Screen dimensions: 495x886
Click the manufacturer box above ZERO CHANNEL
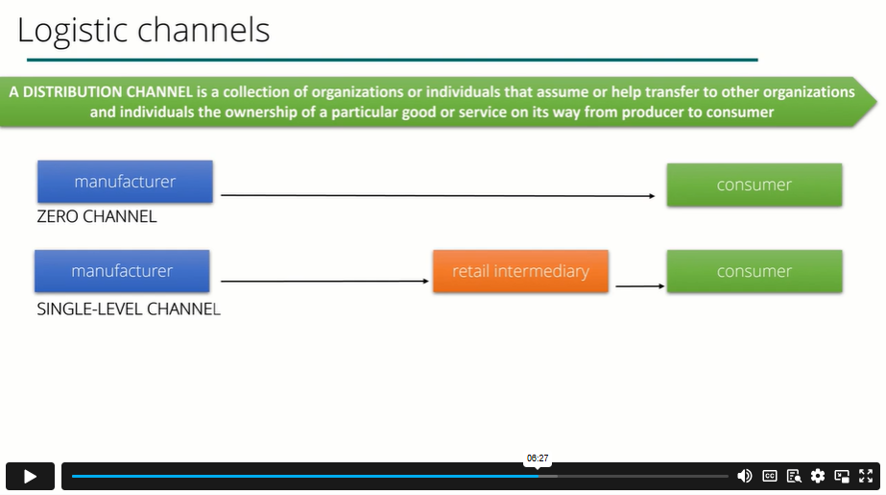[125, 182]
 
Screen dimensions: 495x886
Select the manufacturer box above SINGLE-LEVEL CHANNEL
[122, 271]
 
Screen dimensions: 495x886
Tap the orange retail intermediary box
[520, 271]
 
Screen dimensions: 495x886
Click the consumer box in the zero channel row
[754, 185]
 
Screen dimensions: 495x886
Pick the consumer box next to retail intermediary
[754, 271]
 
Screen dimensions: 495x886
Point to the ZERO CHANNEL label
[96, 217]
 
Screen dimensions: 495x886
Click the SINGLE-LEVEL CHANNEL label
[129, 309]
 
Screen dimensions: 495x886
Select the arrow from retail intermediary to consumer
[639, 286]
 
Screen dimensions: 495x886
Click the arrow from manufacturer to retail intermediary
[324, 282]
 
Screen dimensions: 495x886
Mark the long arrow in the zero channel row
[437, 196]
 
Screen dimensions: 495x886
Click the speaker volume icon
[744, 476]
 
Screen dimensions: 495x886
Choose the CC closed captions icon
[769, 476]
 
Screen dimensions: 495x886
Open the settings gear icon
[818, 476]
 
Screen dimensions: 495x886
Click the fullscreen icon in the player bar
[866, 476]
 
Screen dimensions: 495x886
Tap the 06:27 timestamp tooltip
[538, 458]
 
